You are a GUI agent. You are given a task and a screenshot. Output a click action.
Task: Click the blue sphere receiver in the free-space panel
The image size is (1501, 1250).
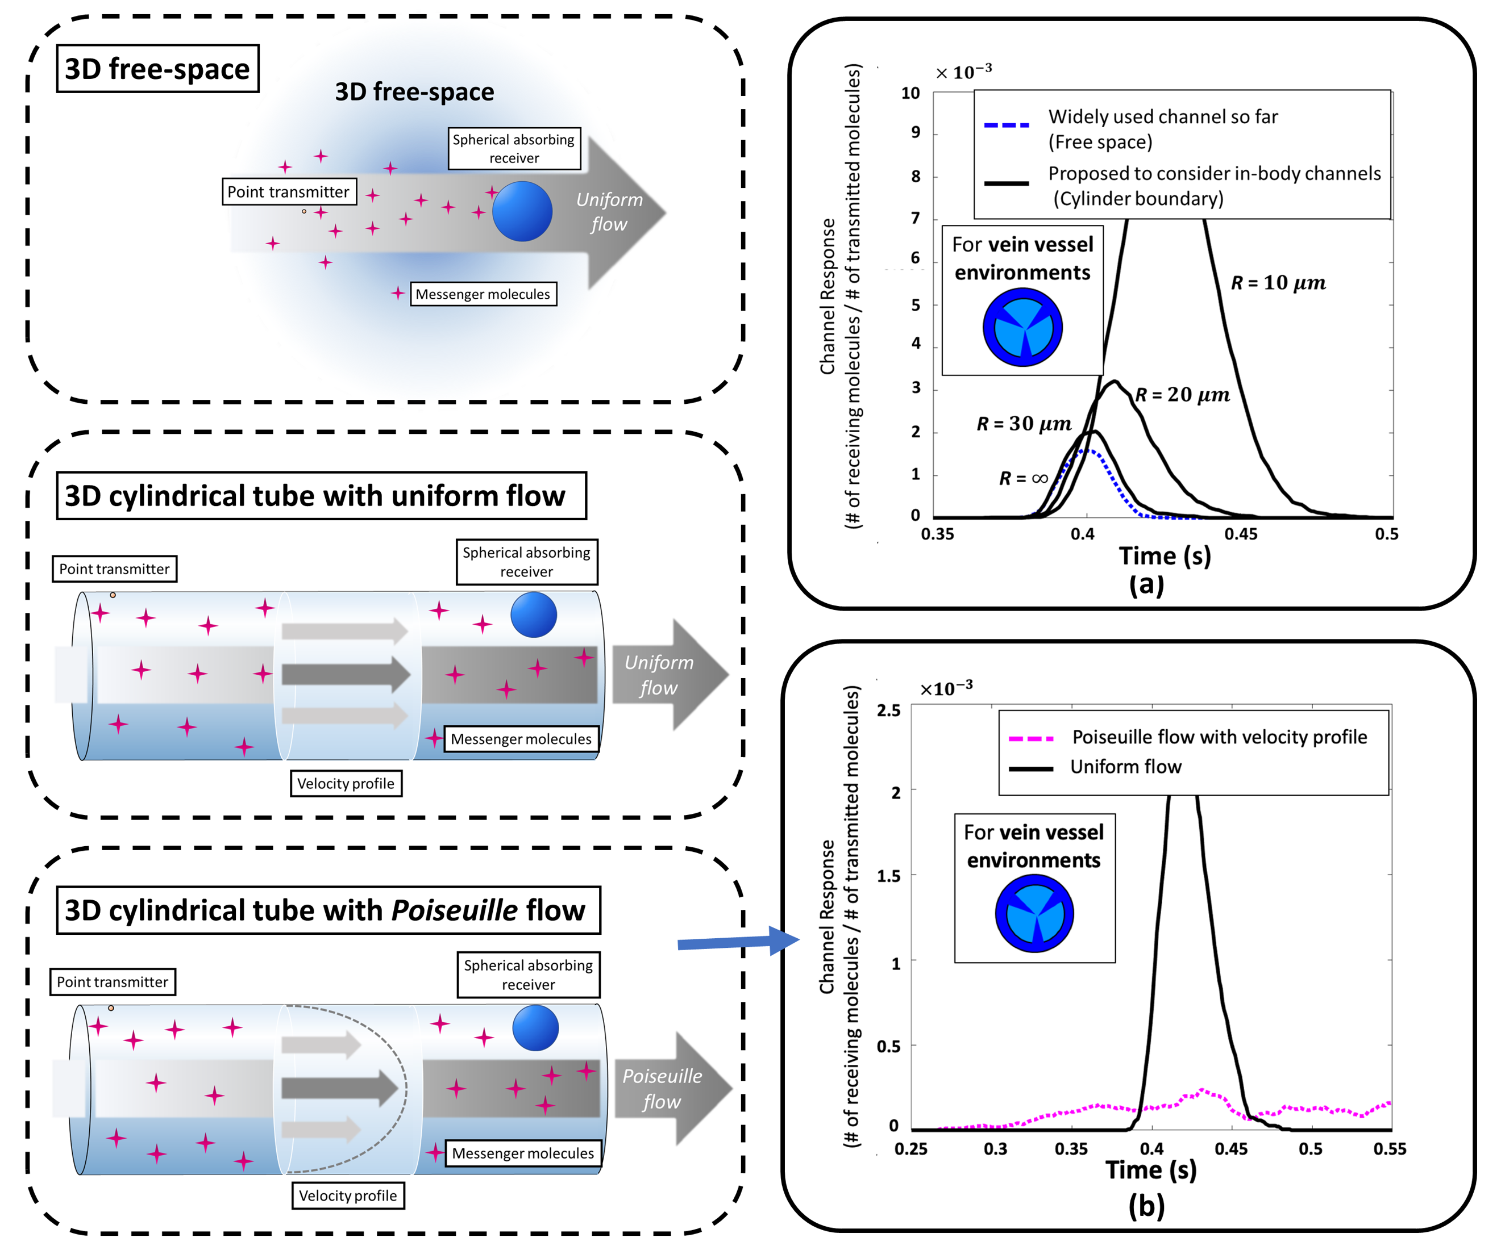point(522,211)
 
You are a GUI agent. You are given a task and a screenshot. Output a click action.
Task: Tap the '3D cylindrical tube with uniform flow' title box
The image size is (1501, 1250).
point(321,496)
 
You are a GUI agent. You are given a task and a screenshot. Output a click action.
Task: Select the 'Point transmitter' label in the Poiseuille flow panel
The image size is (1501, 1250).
point(112,981)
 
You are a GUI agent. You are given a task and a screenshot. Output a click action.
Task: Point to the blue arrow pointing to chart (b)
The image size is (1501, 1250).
point(736,942)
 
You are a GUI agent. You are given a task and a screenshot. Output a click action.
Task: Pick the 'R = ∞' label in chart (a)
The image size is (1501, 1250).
point(1023,478)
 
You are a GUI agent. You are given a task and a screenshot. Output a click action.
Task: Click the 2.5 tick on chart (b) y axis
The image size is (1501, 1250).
point(888,710)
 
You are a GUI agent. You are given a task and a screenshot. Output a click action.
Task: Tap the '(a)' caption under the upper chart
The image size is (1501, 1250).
point(1146,584)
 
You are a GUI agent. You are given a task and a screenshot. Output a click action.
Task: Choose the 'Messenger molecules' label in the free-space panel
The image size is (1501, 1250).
point(483,294)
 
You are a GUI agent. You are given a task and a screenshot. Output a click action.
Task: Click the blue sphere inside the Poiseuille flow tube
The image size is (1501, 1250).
point(535,1027)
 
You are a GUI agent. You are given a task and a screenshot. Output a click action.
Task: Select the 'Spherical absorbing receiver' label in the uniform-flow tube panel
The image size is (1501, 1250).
point(526,562)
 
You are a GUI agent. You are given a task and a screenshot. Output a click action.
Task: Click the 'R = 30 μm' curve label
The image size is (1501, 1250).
point(1024,424)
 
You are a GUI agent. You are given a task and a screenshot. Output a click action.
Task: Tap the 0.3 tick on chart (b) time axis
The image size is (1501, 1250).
point(995,1148)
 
